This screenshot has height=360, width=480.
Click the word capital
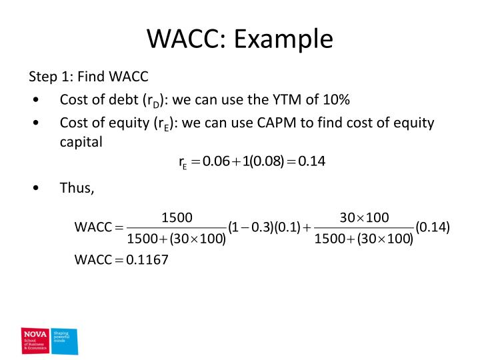pyautogui.click(x=80, y=141)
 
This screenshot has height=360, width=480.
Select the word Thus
pyautogui.click(x=75, y=187)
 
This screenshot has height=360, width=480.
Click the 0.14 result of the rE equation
pyautogui.click(x=311, y=161)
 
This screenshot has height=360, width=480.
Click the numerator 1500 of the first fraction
pyautogui.click(x=177, y=217)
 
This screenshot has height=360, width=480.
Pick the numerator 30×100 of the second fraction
pyautogui.click(x=364, y=217)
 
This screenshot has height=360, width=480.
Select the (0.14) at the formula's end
pyautogui.click(x=432, y=227)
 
